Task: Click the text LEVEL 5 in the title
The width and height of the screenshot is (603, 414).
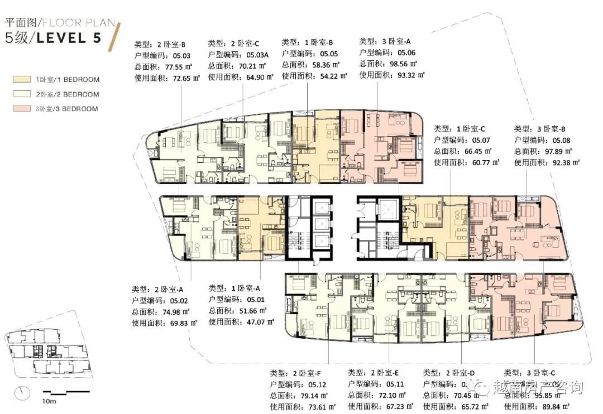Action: click(x=67, y=39)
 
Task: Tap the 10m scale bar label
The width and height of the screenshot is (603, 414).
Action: click(x=49, y=401)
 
